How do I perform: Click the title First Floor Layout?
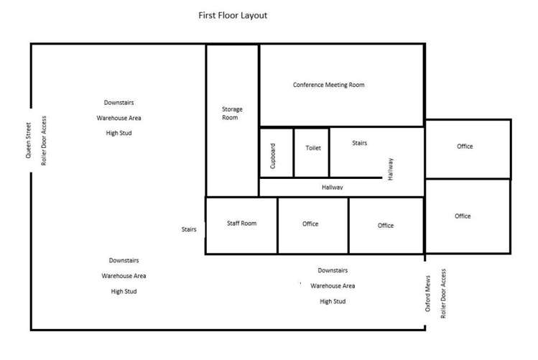[233, 15]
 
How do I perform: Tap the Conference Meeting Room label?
[328, 85]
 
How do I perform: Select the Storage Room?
[232, 114]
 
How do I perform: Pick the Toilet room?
[313, 148]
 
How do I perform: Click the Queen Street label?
[29, 139]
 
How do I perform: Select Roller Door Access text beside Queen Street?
[44, 140]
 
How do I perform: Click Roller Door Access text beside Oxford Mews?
[444, 293]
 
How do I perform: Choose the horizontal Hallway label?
[332, 188]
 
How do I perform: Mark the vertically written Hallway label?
[391, 168]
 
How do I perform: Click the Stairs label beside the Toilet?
[360, 143]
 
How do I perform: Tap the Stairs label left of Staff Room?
[189, 229]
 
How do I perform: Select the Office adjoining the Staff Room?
[310, 224]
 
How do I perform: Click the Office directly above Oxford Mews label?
[463, 216]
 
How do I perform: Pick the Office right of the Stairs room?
[465, 147]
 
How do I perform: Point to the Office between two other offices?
[386, 226]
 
